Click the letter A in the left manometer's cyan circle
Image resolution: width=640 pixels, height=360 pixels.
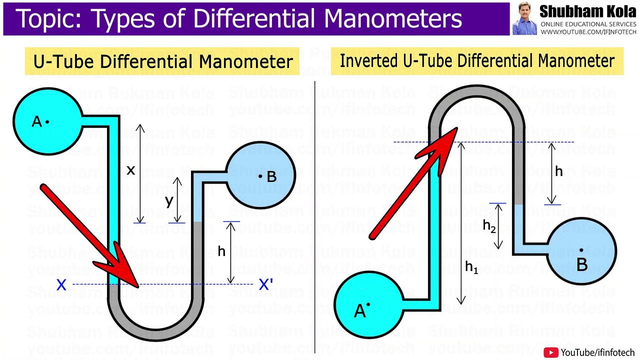tap(36, 121)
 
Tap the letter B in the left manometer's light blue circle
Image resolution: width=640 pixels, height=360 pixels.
tap(271, 176)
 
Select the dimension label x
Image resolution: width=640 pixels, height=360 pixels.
tap(130, 170)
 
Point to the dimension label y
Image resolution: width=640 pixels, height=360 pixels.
tap(169, 200)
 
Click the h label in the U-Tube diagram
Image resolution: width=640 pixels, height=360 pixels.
tap(221, 251)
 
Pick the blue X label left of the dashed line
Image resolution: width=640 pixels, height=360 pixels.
tap(61, 285)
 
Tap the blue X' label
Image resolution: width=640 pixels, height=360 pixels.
tap(265, 285)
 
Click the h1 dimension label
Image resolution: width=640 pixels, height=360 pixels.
tap(471, 267)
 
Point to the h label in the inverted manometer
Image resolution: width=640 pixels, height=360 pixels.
tap(559, 171)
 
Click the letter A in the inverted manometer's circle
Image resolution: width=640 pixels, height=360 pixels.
tap(359, 311)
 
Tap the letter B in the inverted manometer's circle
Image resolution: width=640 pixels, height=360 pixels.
tap(581, 264)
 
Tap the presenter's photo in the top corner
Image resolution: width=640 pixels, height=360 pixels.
tap(524, 18)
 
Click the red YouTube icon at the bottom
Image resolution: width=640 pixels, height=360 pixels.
tap(551, 352)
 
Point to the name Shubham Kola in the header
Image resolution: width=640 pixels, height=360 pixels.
tap(587, 11)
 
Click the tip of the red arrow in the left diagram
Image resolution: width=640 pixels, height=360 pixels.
tap(137, 286)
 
